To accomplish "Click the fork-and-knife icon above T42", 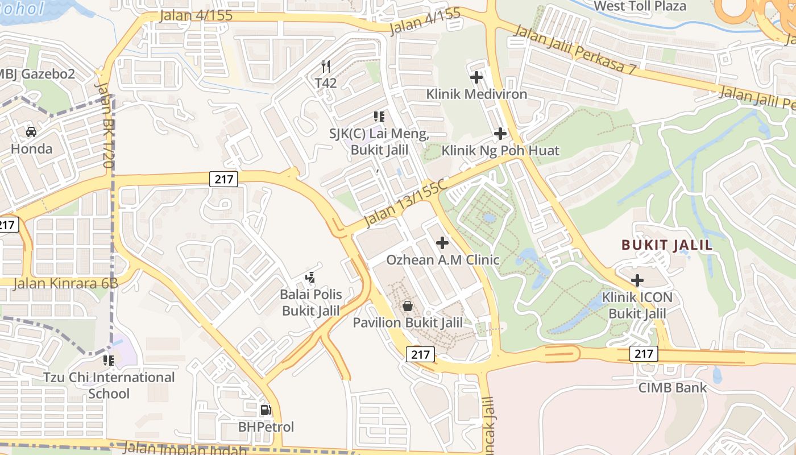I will [326, 67].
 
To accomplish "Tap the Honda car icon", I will [31, 132].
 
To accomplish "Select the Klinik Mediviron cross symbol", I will [476, 77].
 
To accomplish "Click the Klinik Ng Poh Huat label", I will [500, 151].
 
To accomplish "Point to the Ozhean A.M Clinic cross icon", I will [442, 243].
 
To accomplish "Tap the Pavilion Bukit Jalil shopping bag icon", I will [407, 306].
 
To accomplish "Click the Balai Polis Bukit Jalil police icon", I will [310, 278].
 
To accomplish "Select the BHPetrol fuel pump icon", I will [266, 409].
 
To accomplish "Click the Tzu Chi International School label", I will [109, 385].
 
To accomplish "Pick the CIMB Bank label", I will [673, 388].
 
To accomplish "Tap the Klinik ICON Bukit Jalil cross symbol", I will [637, 280].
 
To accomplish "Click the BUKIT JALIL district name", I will [667, 245].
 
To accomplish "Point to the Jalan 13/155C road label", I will [405, 202].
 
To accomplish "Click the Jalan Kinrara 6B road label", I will [65, 283].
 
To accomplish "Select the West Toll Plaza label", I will [640, 6].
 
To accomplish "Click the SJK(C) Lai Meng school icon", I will [379, 117].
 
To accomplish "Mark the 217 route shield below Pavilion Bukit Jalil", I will [421, 354].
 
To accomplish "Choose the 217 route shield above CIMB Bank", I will [644, 354].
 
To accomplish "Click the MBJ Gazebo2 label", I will [36, 74].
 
